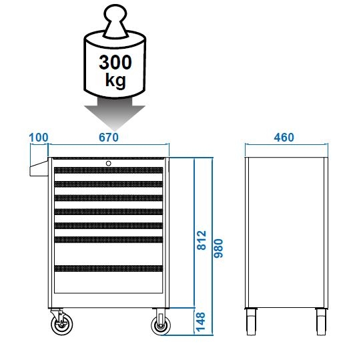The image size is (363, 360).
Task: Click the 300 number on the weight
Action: click(x=115, y=62)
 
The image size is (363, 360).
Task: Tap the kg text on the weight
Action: click(x=115, y=80)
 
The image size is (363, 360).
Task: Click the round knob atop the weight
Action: click(x=115, y=13)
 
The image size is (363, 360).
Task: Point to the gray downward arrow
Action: click(x=115, y=114)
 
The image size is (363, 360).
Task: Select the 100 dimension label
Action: click(x=39, y=138)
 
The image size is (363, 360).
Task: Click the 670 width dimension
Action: click(x=109, y=138)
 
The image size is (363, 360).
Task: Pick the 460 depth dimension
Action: click(x=284, y=138)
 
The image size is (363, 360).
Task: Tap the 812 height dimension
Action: click(x=202, y=240)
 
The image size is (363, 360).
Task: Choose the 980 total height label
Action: click(x=218, y=248)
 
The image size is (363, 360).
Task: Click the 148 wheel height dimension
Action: click(x=201, y=322)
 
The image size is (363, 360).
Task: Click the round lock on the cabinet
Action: click(x=108, y=164)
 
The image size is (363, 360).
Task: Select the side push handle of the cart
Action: click(x=39, y=168)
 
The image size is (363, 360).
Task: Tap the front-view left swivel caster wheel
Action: click(x=61, y=324)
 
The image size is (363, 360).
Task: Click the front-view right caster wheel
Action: click(x=160, y=325)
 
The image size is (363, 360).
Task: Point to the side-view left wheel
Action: click(x=251, y=322)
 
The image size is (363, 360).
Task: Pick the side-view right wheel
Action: click(x=321, y=322)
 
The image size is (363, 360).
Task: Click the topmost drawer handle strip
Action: click(x=108, y=170)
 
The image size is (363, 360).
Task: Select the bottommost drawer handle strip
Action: click(x=108, y=268)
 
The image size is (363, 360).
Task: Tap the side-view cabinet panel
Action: click(x=286, y=232)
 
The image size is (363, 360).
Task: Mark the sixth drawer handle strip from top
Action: click(x=108, y=240)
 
